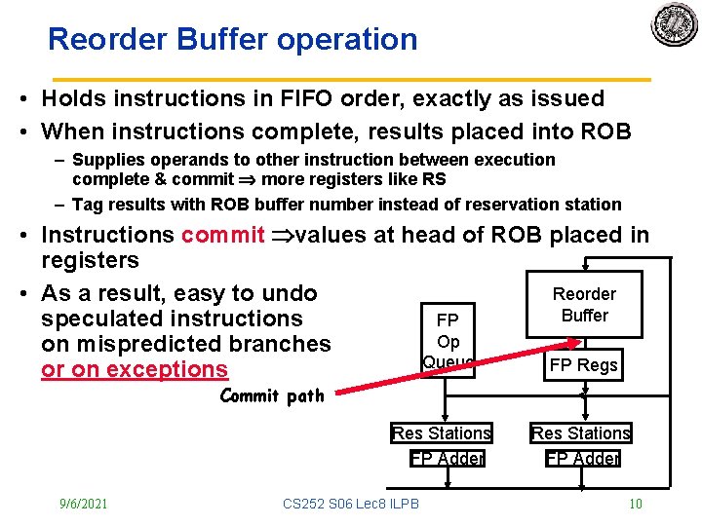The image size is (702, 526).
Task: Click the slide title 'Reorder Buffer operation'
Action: (232, 40)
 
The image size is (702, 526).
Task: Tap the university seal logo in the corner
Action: (675, 24)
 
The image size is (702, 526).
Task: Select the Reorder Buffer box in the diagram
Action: (584, 305)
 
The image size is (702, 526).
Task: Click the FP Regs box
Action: (583, 365)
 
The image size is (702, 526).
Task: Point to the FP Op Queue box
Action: (448, 341)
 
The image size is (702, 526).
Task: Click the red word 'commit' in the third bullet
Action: (223, 235)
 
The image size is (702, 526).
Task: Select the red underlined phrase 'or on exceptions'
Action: (134, 369)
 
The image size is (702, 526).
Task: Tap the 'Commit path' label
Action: (272, 395)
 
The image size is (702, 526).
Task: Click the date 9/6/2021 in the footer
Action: (83, 504)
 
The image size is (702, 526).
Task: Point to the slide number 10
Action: (635, 504)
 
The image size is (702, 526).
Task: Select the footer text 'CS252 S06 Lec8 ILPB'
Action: (350, 504)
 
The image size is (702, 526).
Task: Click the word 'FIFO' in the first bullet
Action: (282, 98)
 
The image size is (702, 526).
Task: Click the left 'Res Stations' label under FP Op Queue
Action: (442, 432)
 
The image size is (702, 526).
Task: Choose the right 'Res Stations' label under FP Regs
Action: (581, 432)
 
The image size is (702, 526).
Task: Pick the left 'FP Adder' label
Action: (448, 458)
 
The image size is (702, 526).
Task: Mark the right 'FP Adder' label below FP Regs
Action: (583, 458)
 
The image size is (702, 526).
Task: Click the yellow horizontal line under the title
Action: (351, 77)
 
